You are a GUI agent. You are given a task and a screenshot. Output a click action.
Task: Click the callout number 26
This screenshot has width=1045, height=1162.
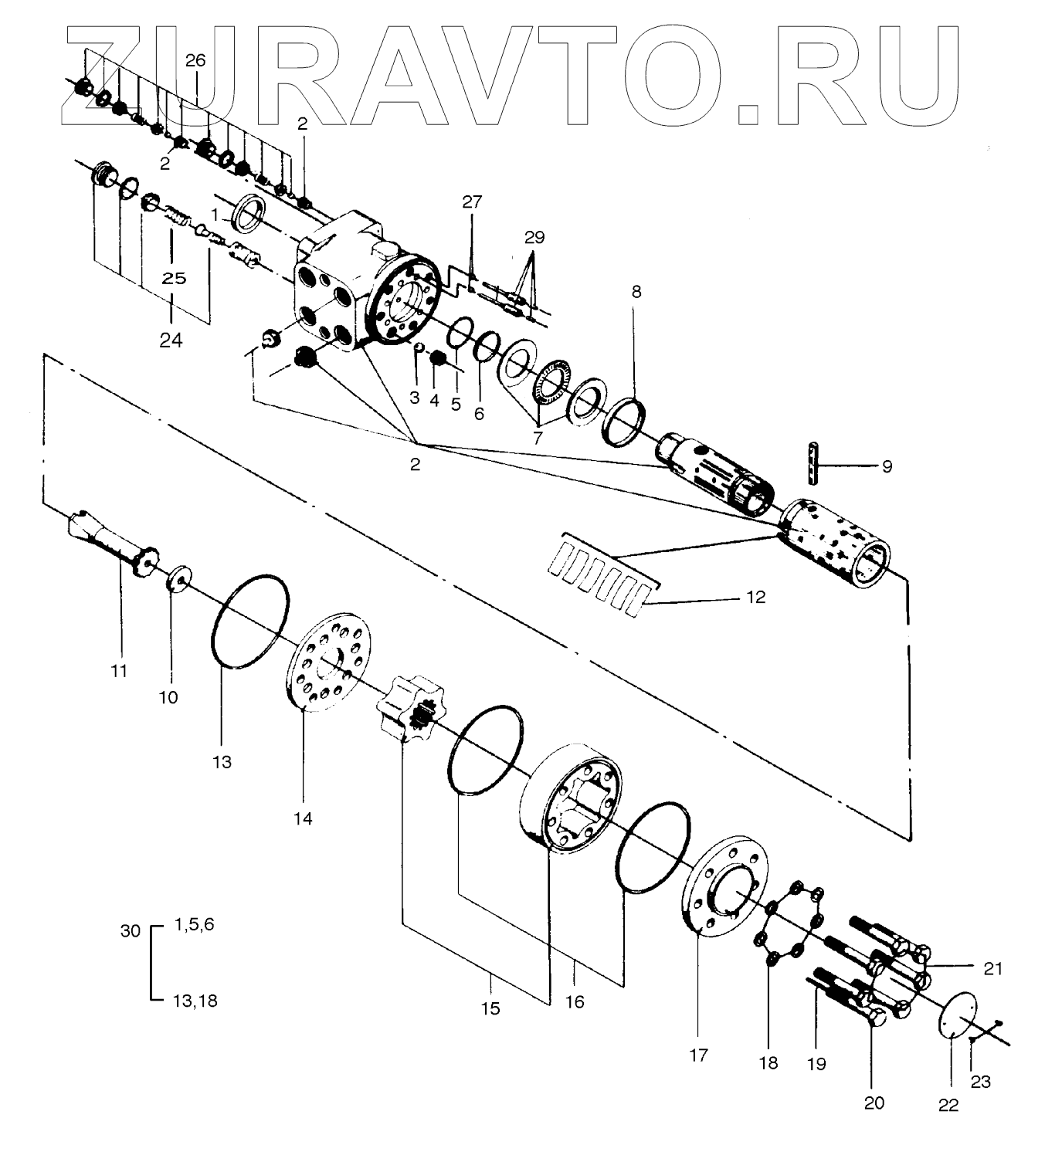point(195,60)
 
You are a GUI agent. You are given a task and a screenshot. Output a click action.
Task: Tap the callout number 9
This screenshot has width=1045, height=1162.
point(887,466)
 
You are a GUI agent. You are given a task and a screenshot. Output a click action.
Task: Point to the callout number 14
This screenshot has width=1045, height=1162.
point(303,818)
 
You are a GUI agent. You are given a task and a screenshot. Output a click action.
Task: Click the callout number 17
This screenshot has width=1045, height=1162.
point(698,1055)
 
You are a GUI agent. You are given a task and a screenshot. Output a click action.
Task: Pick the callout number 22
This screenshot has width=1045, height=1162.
point(948,1106)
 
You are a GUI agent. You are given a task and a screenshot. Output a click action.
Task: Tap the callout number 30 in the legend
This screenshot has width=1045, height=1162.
point(131,931)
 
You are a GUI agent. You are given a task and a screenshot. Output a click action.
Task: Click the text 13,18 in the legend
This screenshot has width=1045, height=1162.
point(193,1001)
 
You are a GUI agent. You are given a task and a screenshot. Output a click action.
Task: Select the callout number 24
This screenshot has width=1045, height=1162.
point(171,339)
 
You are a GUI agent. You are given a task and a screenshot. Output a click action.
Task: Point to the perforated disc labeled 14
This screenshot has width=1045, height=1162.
point(329,661)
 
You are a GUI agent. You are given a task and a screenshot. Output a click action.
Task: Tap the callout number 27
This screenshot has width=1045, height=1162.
point(471,202)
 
